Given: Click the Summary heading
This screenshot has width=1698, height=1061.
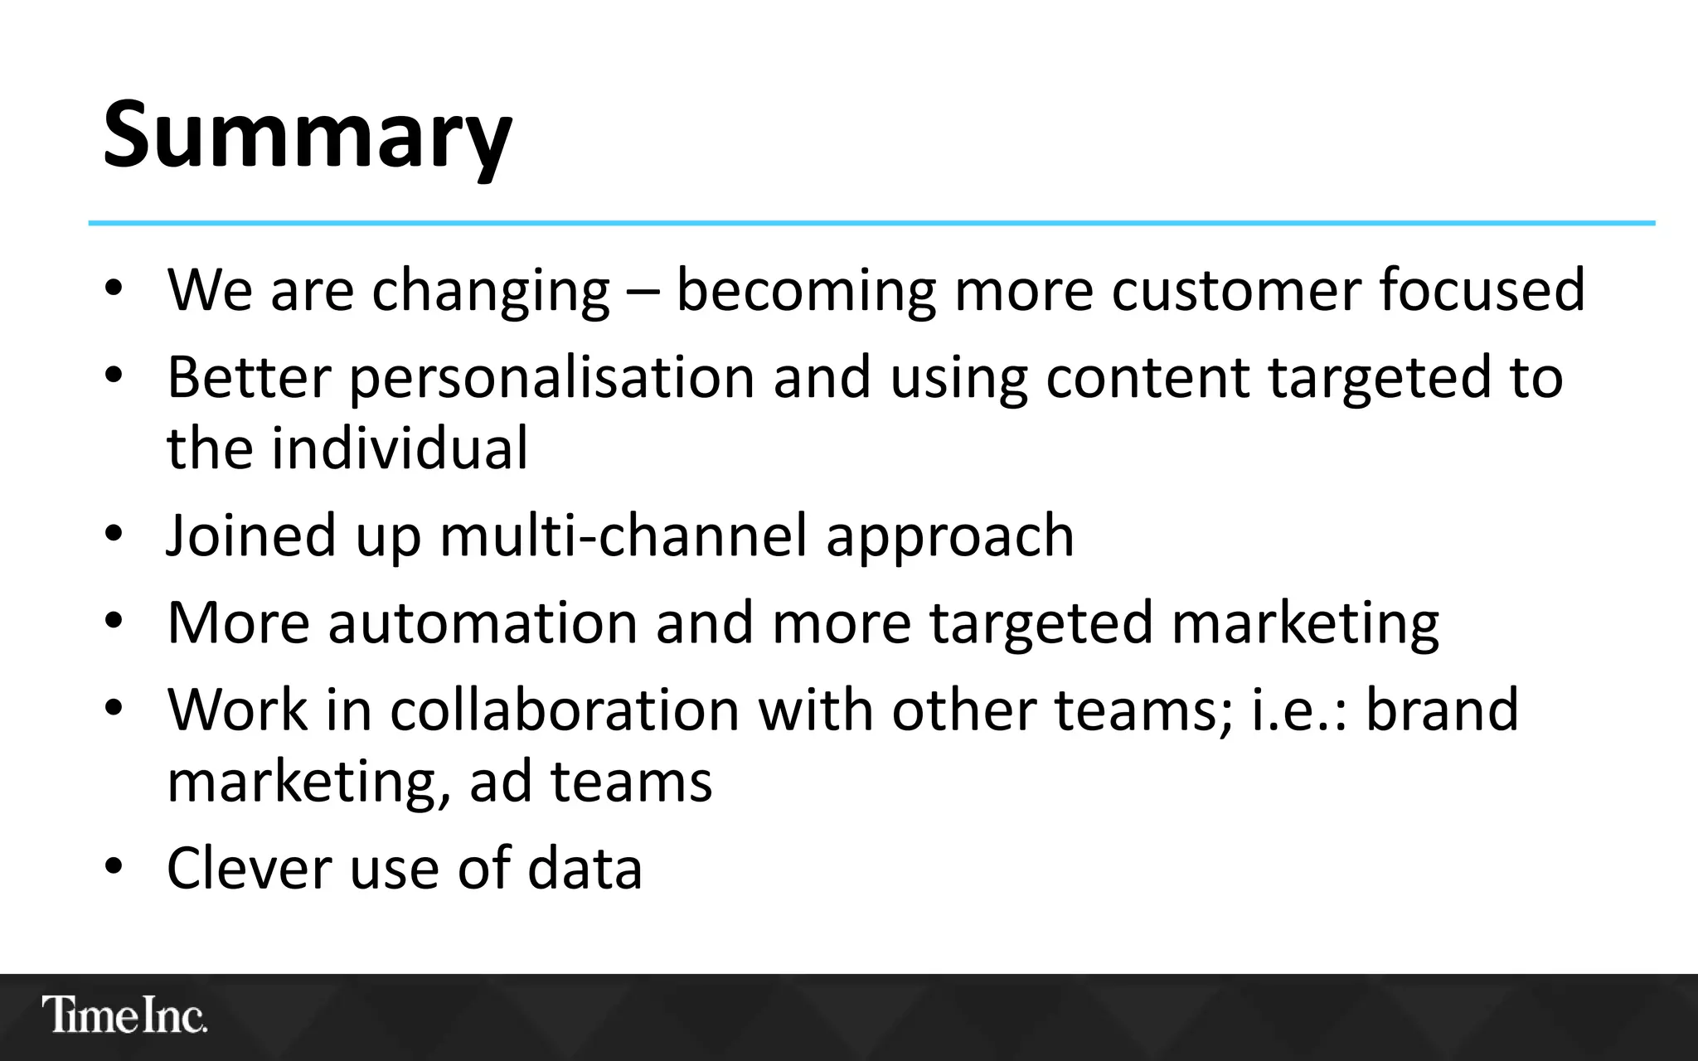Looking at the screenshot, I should (x=308, y=135).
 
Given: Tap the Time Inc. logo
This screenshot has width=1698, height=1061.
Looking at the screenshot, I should (x=124, y=1015).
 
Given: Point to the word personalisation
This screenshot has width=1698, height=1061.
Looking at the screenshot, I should (x=551, y=379).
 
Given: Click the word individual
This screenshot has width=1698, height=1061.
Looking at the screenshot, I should (x=399, y=448).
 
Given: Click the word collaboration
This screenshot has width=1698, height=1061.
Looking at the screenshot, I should (x=565, y=710).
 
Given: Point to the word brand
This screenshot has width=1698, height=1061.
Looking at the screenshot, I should (x=1442, y=710).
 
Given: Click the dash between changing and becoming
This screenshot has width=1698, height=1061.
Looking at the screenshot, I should (x=643, y=292).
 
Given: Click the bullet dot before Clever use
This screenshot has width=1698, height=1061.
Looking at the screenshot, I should (x=114, y=866).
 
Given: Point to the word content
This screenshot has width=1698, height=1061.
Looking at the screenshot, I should (x=1147, y=378).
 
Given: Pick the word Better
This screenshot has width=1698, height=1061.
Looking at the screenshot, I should (x=249, y=378).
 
